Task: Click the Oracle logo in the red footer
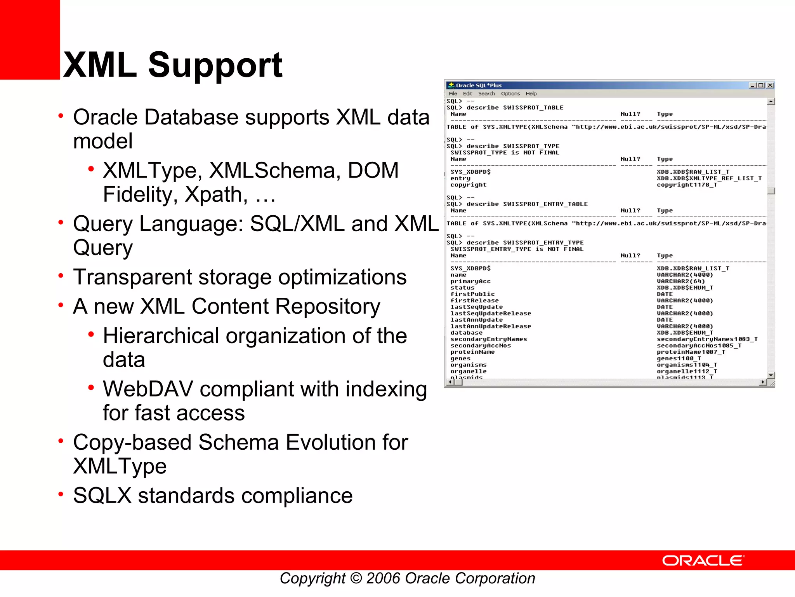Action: (x=703, y=560)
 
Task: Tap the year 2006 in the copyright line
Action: (x=383, y=578)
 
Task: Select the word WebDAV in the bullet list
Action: (x=148, y=389)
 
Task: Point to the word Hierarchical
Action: (x=161, y=336)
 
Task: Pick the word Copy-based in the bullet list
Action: (x=132, y=442)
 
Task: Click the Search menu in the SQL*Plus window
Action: (x=486, y=94)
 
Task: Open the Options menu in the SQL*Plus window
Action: (x=510, y=94)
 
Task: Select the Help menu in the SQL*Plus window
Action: (x=531, y=94)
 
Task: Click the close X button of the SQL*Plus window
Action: (x=770, y=85)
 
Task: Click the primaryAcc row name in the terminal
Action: (x=470, y=281)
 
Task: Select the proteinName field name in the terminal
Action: (x=472, y=352)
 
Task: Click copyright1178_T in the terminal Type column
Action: (x=686, y=185)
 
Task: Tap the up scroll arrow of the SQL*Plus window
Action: (x=771, y=101)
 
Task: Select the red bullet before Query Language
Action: (x=61, y=222)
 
